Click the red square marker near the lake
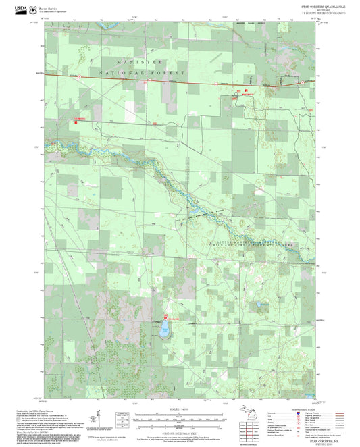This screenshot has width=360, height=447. (x=166, y=317)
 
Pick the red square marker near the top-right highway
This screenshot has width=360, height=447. (x=247, y=90)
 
